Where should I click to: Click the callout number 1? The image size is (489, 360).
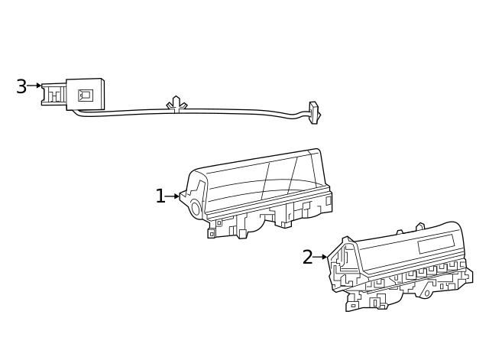pyautogui.click(x=160, y=196)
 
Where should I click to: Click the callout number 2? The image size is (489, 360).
pyautogui.click(x=307, y=258)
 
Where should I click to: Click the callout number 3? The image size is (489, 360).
pyautogui.click(x=21, y=86)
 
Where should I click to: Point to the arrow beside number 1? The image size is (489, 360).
pyautogui.click(x=173, y=196)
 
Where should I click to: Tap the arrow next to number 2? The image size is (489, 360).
pyautogui.click(x=320, y=258)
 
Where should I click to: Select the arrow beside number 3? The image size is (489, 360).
pyautogui.click(x=34, y=86)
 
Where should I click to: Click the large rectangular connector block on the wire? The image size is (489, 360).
pyautogui.click(x=85, y=94)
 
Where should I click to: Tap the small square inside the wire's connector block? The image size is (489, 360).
pyautogui.click(x=86, y=95)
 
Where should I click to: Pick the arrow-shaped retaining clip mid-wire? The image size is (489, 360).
pyautogui.click(x=176, y=104)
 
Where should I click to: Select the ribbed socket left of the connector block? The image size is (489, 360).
pyautogui.click(x=53, y=95)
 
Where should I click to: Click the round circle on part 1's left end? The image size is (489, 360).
pyautogui.click(x=196, y=207)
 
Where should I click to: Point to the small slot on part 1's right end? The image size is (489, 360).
pyautogui.click(x=329, y=200)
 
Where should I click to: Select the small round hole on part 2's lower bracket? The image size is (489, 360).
pyautogui.click(x=427, y=294)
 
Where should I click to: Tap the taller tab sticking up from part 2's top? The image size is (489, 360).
pyautogui.click(x=420, y=225)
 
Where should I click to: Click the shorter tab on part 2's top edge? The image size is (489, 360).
pyautogui.click(x=399, y=231)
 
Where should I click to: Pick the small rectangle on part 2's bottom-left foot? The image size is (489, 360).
pyautogui.click(x=354, y=306)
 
